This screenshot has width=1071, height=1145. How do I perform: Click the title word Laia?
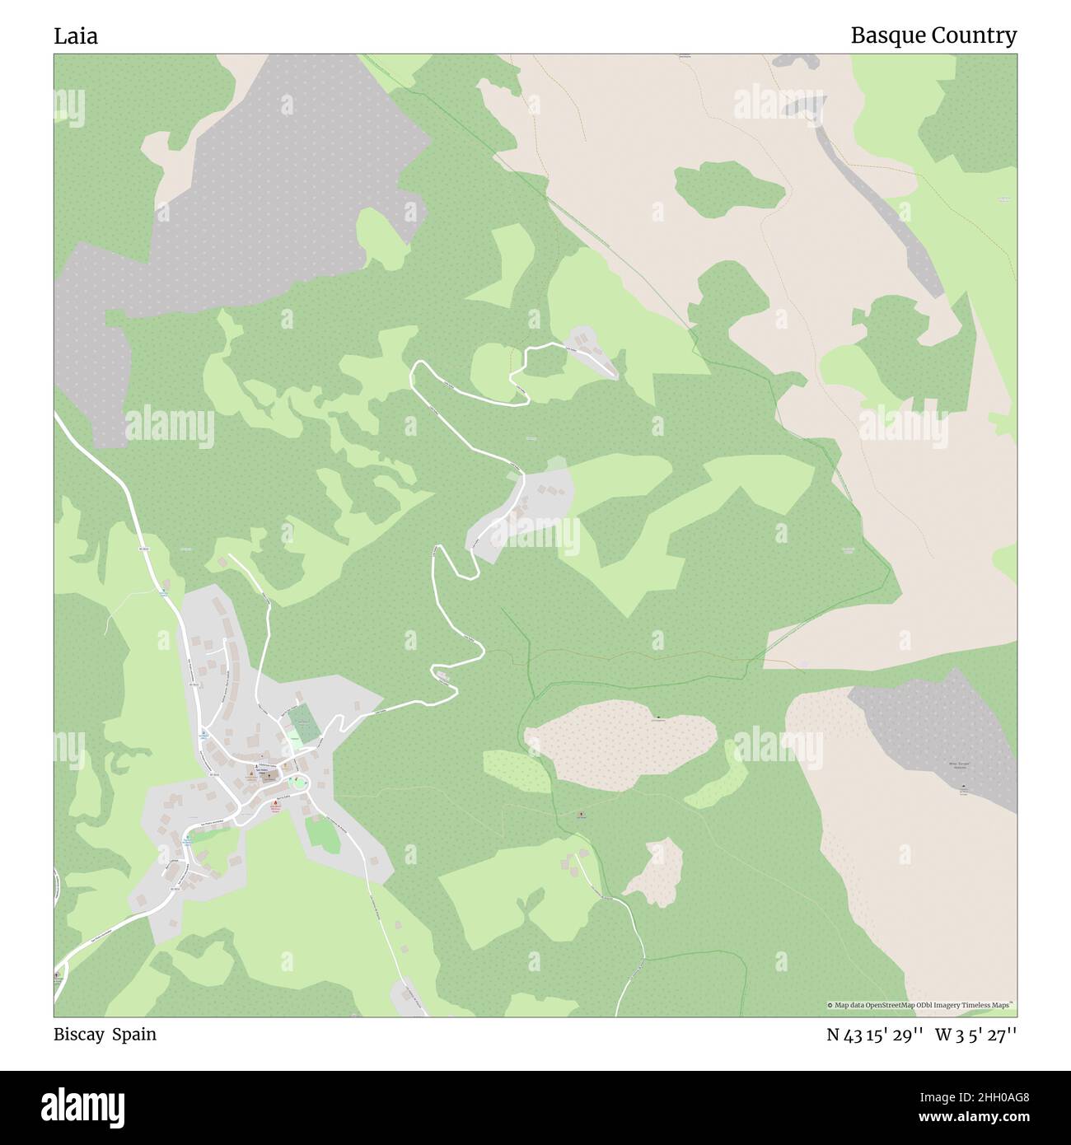(x=76, y=36)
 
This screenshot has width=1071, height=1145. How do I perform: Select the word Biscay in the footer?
(x=79, y=1035)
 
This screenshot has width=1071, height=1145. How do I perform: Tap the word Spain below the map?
(x=134, y=1035)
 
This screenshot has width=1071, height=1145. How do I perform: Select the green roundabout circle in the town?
(x=298, y=782)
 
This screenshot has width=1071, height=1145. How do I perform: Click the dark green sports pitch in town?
(x=303, y=724)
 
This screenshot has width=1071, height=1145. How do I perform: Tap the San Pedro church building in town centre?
(x=262, y=772)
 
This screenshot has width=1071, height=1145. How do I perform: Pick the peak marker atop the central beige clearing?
(x=657, y=716)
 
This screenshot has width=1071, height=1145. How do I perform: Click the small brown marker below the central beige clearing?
(x=581, y=816)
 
